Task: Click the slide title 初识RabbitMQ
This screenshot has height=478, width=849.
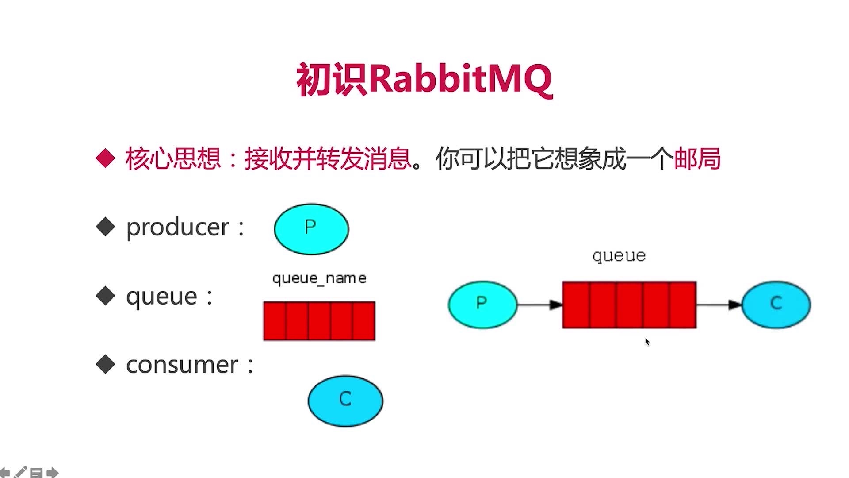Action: pos(424,80)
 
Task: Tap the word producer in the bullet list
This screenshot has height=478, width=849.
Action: pos(178,227)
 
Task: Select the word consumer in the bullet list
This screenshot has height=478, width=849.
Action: pos(182,365)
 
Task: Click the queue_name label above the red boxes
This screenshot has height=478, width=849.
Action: pos(319,278)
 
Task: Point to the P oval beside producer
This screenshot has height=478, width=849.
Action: pos(311,229)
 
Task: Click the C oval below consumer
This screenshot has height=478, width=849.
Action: pos(345,401)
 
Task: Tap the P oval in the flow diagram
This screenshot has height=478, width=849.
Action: pos(482,305)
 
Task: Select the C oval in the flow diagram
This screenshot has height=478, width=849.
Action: pos(776,305)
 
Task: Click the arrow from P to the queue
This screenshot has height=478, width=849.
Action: pos(539,305)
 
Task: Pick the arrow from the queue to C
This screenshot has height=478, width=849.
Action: pos(719,305)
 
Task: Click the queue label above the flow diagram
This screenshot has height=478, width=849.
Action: pos(619,256)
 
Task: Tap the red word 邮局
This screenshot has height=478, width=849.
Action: pos(697,158)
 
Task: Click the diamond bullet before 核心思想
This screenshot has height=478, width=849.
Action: pos(105,158)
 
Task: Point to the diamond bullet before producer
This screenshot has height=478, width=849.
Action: pos(105,227)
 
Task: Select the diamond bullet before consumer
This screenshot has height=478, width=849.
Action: pos(105,365)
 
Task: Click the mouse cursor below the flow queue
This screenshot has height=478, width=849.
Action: pos(647,342)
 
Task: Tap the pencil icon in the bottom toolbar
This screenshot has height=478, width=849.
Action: pos(20,472)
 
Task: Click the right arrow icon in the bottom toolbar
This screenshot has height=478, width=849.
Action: pos(52,473)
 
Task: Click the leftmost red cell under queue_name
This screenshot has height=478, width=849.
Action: pos(275,321)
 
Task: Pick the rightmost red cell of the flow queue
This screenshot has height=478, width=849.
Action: pos(683,305)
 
